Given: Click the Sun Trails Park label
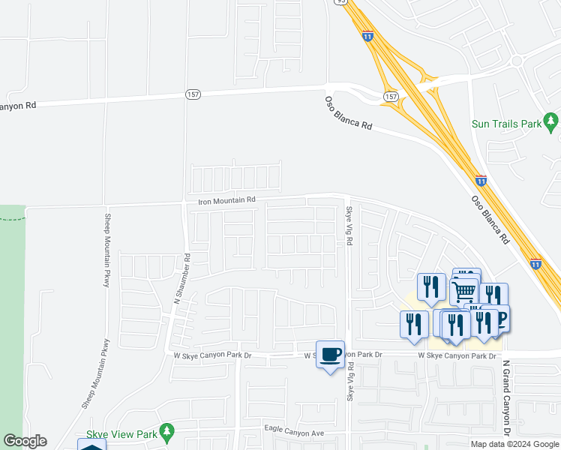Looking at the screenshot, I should (506, 124).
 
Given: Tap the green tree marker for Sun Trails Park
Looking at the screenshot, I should (552, 120).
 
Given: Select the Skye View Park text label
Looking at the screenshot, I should (121, 433).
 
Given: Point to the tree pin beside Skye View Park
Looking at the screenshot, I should (167, 431).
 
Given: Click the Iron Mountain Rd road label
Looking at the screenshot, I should (226, 200).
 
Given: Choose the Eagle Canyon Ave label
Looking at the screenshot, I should (293, 433).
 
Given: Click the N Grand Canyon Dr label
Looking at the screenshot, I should (506, 398).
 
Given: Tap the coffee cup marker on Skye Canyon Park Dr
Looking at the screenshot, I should (330, 354).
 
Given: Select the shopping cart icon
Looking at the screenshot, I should (464, 290).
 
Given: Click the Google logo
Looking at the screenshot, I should (25, 441).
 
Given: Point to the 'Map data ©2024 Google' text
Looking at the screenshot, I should (514, 444).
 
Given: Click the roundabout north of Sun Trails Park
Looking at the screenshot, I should (516, 61).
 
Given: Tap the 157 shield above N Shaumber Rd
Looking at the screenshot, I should (193, 94).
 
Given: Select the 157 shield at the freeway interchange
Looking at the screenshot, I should (391, 97).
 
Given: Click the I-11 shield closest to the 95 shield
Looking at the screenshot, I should (367, 35).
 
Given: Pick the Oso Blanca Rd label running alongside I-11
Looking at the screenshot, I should (491, 220).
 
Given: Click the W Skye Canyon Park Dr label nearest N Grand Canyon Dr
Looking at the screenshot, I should (457, 355).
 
